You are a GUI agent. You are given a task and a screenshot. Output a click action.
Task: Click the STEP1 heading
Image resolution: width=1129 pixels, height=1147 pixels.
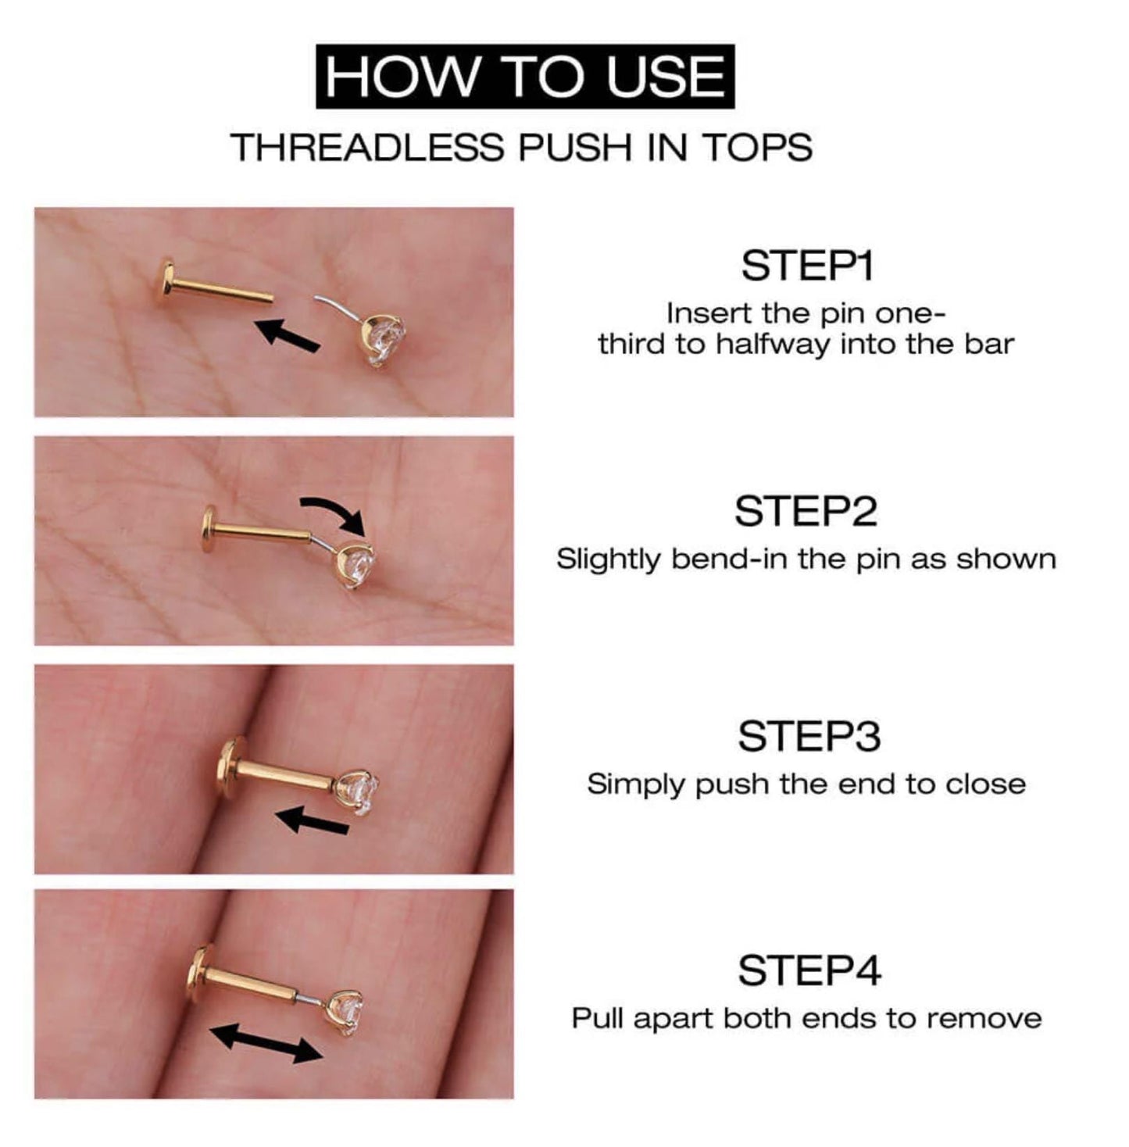tap(806, 266)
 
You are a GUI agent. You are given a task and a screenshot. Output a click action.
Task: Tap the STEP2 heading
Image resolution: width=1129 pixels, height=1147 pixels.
tap(806, 512)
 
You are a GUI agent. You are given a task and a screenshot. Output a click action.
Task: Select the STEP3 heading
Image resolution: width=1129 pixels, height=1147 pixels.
tap(809, 736)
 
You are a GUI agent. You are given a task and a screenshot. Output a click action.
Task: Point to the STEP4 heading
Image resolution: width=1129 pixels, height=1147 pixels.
tap(809, 970)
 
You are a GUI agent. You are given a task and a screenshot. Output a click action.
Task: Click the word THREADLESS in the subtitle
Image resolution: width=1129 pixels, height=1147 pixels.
tap(367, 148)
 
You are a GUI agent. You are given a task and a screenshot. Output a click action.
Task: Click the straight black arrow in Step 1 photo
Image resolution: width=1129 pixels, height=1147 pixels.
tap(288, 334)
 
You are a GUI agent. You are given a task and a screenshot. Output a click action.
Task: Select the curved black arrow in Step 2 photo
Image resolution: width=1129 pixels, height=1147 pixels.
tap(334, 512)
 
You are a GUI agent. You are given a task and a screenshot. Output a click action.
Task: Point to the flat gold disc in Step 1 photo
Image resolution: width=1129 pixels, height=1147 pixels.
tap(166, 282)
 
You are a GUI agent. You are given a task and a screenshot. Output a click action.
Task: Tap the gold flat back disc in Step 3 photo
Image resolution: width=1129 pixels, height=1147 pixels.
tap(228, 767)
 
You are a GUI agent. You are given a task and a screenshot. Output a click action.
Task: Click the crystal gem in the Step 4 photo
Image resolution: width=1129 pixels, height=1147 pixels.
tap(347, 1013)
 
